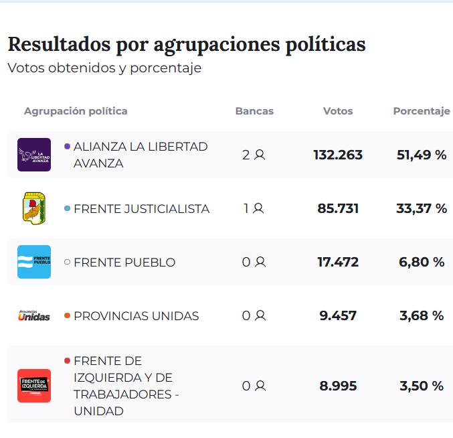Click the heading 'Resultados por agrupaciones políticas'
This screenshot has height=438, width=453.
tap(187, 44)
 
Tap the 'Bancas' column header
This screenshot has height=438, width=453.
tap(254, 111)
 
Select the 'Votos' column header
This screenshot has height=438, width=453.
tap(338, 111)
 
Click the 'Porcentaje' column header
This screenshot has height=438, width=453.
tap(422, 111)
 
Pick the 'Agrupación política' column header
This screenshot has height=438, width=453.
tap(76, 111)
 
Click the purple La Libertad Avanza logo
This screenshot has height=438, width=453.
tap(34, 155)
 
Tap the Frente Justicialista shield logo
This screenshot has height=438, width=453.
tap(34, 208)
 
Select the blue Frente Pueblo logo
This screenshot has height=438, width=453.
tap(34, 262)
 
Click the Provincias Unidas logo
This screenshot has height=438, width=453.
tap(34, 315)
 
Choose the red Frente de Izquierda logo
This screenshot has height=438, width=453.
tap(34, 386)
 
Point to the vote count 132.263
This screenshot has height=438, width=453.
tap(338, 155)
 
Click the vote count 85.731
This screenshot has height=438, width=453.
tap(338, 208)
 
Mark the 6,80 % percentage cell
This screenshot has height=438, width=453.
tap(422, 262)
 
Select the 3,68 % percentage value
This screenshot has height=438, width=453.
tap(422, 315)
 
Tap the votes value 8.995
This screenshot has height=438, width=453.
tap(338, 386)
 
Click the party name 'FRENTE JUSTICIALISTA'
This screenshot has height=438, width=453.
tap(141, 209)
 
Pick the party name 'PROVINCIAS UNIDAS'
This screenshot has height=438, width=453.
tap(136, 316)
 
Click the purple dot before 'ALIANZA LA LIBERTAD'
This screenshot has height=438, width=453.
tap(67, 145)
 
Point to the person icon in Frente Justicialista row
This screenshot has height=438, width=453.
tap(258, 208)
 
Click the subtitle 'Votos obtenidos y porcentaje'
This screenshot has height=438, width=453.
tap(104, 68)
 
